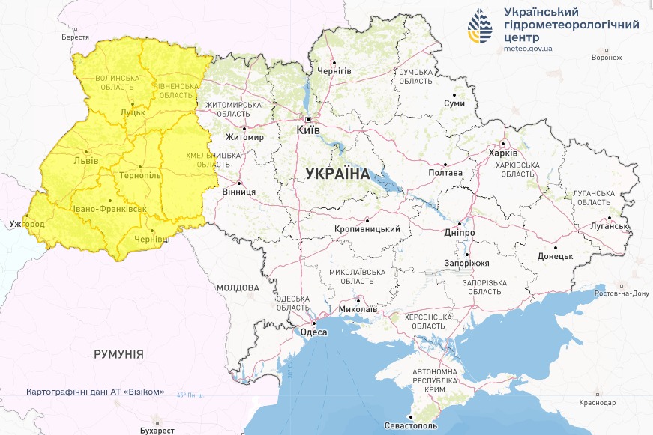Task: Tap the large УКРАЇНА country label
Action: pos(337,174)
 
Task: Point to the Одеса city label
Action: pos(313,333)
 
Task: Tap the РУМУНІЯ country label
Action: pos(118,353)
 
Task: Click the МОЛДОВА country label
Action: pos(238,288)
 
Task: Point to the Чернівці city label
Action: pos(151,239)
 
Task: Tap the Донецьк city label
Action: pos(555,256)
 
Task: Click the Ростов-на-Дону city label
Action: pos(621,293)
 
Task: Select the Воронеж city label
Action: pos(607,58)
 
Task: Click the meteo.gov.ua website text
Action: pos(529,49)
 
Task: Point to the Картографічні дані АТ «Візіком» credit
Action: pos(95,392)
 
